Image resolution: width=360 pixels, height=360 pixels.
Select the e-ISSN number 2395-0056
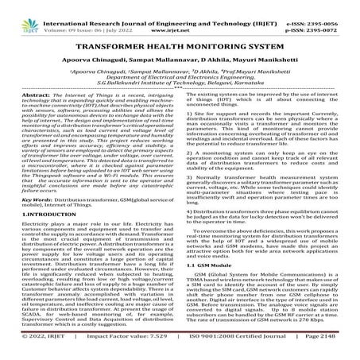coord(339,6)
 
